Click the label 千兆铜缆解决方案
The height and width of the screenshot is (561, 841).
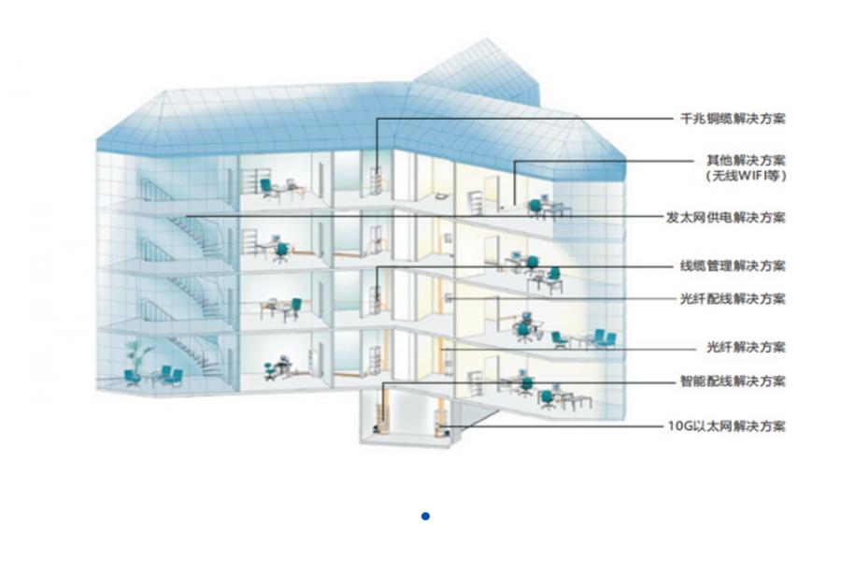[x=733, y=119]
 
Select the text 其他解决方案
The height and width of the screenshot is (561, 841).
[x=746, y=160]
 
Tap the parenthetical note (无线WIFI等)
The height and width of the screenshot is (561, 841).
[x=746, y=175]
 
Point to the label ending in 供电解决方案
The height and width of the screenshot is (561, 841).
[x=726, y=218]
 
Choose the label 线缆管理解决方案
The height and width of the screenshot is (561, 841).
[x=733, y=266]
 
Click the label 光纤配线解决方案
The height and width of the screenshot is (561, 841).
[x=733, y=298]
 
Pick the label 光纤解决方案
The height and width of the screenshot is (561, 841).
[x=746, y=347]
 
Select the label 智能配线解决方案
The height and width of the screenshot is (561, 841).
[x=733, y=381]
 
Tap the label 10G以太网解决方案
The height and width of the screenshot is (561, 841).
[x=727, y=426]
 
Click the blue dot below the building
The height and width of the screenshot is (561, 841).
[x=425, y=516]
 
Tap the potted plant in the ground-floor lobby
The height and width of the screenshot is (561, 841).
[x=138, y=355]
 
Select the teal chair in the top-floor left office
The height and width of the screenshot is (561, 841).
[x=266, y=189]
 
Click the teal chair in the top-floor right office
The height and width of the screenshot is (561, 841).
[x=535, y=209]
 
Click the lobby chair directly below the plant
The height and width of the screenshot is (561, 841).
[x=132, y=377]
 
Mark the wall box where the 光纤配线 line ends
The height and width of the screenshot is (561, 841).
[x=448, y=298]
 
